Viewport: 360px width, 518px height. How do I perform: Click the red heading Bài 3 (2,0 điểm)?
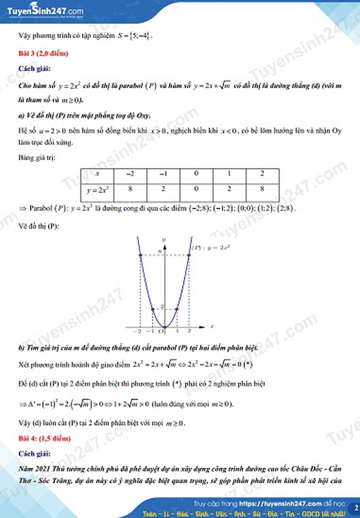point(43,54)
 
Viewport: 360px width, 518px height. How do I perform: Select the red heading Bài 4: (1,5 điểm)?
point(44,437)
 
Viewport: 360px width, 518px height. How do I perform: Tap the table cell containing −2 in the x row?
point(130,174)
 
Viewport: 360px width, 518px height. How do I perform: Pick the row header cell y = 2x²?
point(97,191)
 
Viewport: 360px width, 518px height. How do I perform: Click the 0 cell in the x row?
point(196,174)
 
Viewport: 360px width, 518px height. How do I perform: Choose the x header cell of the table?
point(97,174)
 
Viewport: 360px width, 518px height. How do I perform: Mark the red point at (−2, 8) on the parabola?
point(140,255)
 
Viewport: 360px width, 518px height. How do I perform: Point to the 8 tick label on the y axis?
point(161,252)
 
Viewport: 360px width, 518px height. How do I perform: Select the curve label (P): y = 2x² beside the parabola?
point(210,247)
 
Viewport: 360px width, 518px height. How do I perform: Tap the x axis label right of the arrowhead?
point(212,326)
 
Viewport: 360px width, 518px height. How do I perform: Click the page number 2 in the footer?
point(356,508)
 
